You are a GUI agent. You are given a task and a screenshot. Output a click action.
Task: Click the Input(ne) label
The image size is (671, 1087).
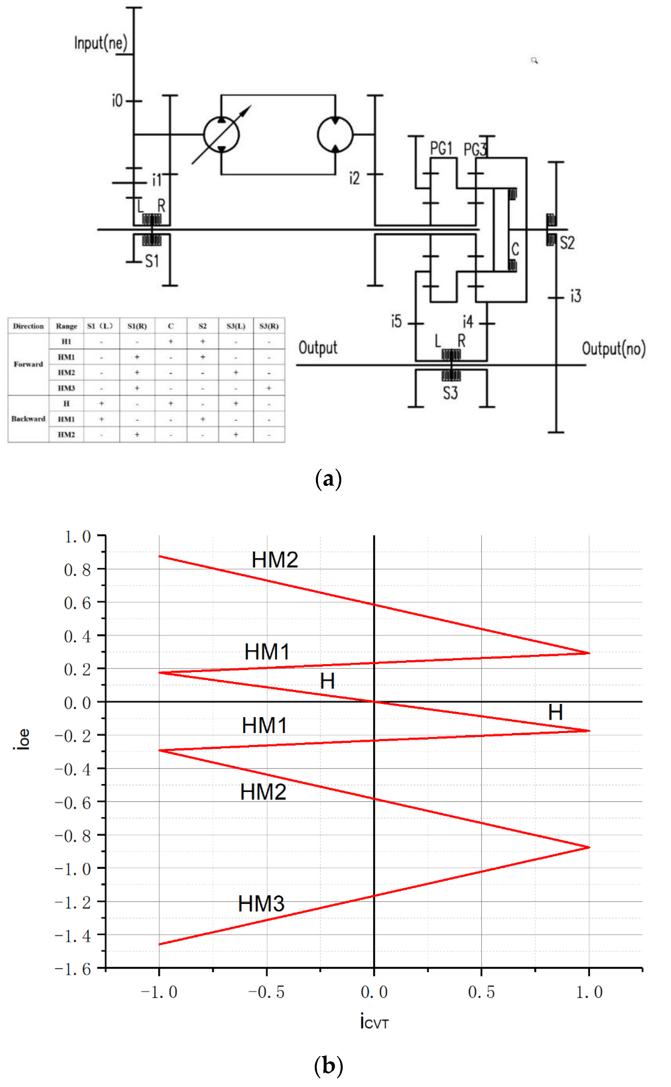[101, 43]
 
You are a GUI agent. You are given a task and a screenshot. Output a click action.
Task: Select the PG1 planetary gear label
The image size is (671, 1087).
[441, 148]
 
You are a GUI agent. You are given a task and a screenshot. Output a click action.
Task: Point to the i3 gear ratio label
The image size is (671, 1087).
[576, 296]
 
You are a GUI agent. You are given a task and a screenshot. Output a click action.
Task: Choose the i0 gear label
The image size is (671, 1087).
[117, 101]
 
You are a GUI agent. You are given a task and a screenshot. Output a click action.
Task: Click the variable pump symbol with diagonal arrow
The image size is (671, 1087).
[221, 135]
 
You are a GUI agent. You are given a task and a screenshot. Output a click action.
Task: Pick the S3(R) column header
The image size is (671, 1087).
[269, 326]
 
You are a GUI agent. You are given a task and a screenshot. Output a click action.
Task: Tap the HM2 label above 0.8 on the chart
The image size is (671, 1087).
[275, 560]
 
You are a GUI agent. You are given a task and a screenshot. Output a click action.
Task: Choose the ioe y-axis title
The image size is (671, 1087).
[22, 739]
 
